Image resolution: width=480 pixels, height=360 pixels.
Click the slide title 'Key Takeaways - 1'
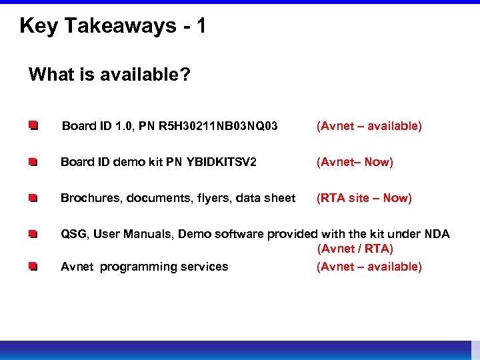click(x=113, y=26)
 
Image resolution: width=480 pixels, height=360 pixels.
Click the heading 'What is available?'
click(x=109, y=74)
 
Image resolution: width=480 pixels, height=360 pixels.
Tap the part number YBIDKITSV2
click(x=223, y=162)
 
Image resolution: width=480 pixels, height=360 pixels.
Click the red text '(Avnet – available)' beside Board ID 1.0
click(x=369, y=126)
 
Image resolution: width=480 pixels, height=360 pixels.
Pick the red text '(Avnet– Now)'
click(x=355, y=162)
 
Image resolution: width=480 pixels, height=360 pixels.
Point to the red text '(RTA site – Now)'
click(x=364, y=198)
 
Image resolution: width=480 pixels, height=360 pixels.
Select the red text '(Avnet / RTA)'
click(x=355, y=249)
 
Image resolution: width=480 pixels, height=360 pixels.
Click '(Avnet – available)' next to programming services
click(x=369, y=267)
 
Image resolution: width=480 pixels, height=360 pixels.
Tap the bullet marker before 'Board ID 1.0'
click(x=33, y=125)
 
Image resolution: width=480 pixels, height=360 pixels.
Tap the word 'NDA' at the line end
click(x=437, y=234)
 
